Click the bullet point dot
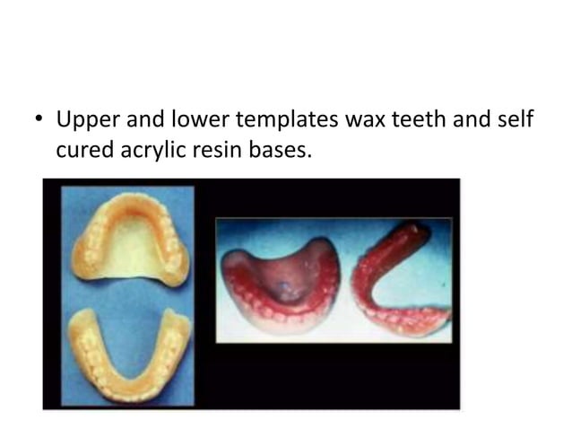coord(39,120)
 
